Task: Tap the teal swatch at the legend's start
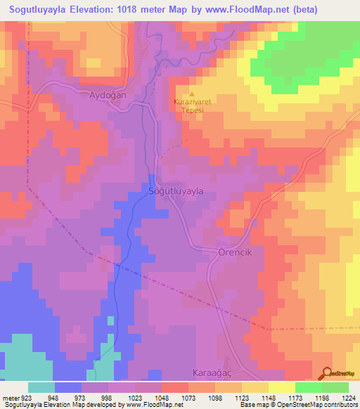coord(41,387)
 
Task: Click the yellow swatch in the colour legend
coord(281,387)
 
